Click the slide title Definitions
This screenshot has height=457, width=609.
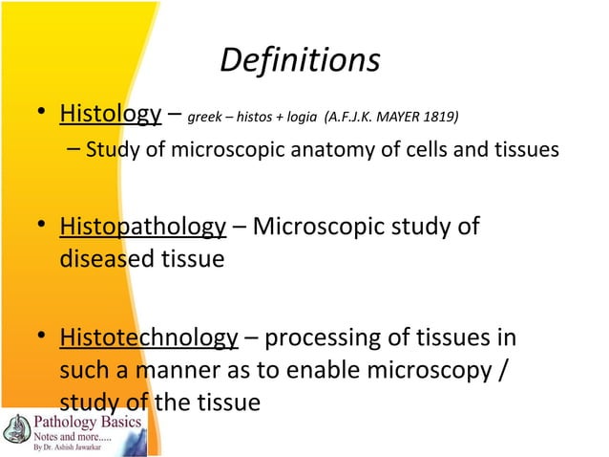tap(300, 60)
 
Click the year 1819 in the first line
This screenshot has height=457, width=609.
tap(441, 119)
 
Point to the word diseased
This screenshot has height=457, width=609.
tap(108, 259)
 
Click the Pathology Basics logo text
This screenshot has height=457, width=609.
tap(75, 423)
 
